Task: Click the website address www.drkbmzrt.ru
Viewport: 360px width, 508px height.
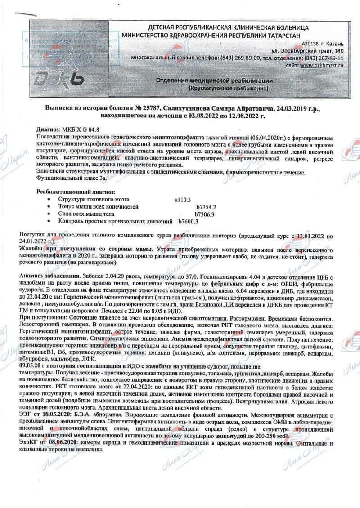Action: [x=322, y=66]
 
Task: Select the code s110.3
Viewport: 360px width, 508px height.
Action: [x=183, y=199]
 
